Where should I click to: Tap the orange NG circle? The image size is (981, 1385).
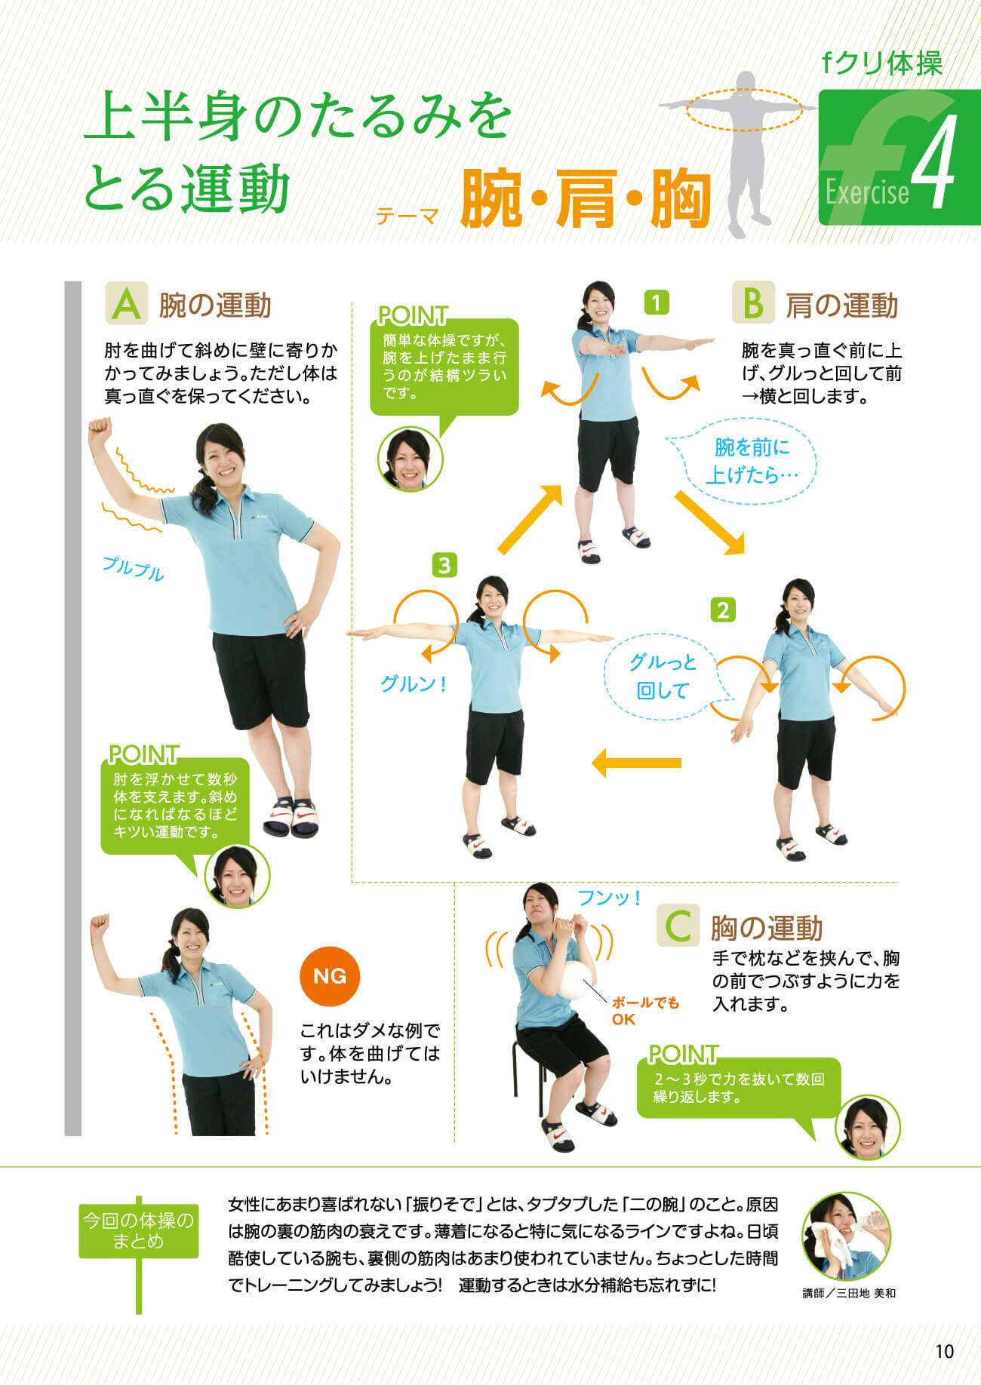[x=330, y=976]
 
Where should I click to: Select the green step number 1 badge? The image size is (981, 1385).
[x=657, y=302]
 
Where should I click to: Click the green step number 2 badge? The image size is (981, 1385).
[x=723, y=610]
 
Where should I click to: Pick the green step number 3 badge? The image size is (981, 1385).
[x=444, y=565]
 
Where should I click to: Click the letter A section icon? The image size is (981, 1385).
[x=126, y=303]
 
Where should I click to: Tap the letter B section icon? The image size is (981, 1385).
[x=753, y=303]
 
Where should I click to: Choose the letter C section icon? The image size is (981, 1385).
[x=678, y=925]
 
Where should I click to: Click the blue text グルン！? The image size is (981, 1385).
[x=414, y=683]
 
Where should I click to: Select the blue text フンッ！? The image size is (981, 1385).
[x=609, y=898]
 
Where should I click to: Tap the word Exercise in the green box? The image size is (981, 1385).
[x=867, y=192]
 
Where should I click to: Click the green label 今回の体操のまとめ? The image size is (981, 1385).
[x=139, y=1230]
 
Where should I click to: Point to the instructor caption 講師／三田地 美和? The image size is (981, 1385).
[x=849, y=1293]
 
